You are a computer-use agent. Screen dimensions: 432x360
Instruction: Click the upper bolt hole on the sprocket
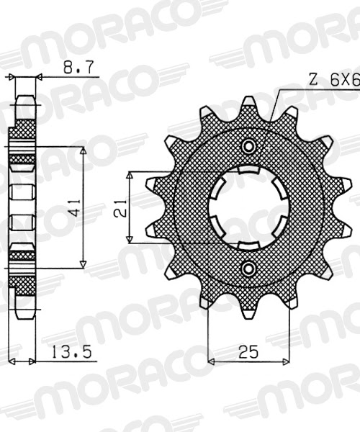pyautogui.click(x=249, y=147)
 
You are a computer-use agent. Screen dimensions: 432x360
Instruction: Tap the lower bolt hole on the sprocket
pyautogui.click(x=249, y=269)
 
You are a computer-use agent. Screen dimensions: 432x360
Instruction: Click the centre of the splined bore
pyautogui.click(x=249, y=207)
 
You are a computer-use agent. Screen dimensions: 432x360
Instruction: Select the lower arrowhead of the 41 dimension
pyautogui.click(x=83, y=264)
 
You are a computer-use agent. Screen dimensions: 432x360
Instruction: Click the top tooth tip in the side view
pyautogui.click(x=24, y=97)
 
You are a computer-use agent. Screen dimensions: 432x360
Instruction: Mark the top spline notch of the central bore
pyautogui.click(x=249, y=171)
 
